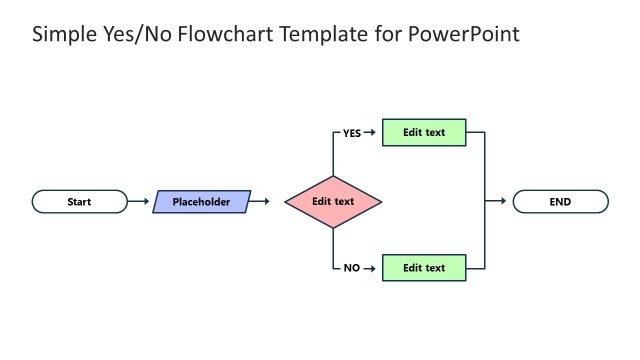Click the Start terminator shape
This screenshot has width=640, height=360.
[x=80, y=202]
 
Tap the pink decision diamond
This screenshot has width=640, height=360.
[x=333, y=202]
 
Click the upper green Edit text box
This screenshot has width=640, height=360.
[x=424, y=133]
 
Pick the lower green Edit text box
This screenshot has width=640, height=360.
[x=424, y=268]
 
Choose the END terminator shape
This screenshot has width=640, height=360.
[x=560, y=202]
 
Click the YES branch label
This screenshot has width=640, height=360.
[x=352, y=133]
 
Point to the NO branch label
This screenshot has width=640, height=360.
[x=352, y=268]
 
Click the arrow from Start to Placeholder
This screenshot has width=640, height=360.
[x=139, y=202]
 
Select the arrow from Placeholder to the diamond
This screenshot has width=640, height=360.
[x=260, y=202]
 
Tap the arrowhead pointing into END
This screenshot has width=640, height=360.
[x=502, y=202]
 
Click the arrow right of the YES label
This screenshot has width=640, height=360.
[x=369, y=133]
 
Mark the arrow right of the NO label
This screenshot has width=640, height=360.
[x=369, y=268]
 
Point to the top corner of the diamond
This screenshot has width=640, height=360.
[x=333, y=176]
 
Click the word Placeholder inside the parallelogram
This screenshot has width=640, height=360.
[x=201, y=202]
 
